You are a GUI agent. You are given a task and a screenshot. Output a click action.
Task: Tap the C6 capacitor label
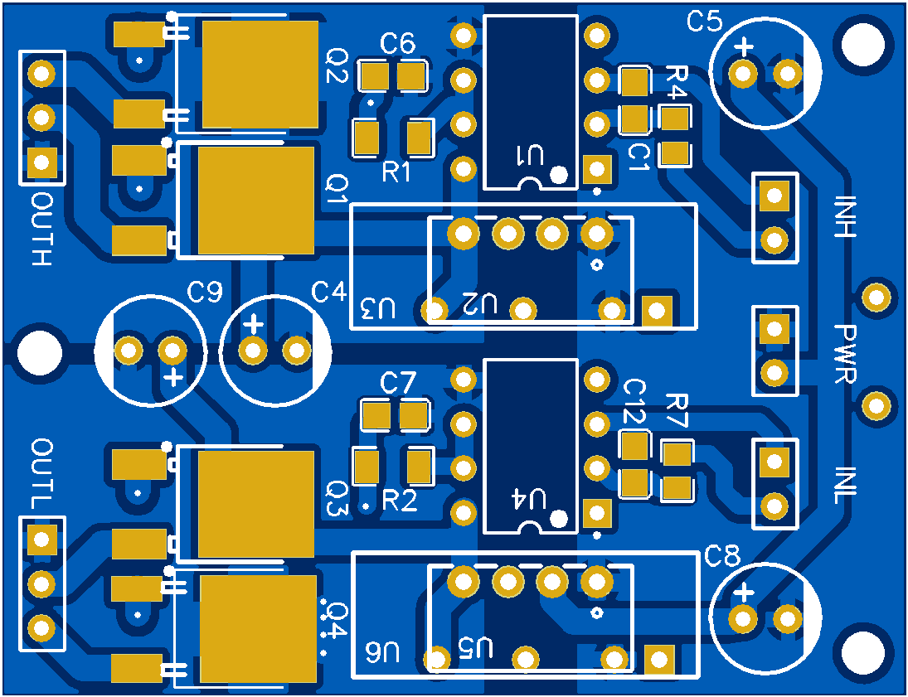(x=398, y=44)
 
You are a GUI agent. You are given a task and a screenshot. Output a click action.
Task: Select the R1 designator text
(x=397, y=172)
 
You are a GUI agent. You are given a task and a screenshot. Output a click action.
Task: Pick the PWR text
(x=846, y=354)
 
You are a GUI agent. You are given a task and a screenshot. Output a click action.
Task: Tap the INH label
(x=845, y=217)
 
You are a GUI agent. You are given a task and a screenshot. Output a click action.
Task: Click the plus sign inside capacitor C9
(x=173, y=378)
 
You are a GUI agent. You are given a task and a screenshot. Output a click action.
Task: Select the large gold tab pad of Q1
(x=256, y=200)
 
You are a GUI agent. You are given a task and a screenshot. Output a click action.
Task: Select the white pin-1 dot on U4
(x=559, y=519)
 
